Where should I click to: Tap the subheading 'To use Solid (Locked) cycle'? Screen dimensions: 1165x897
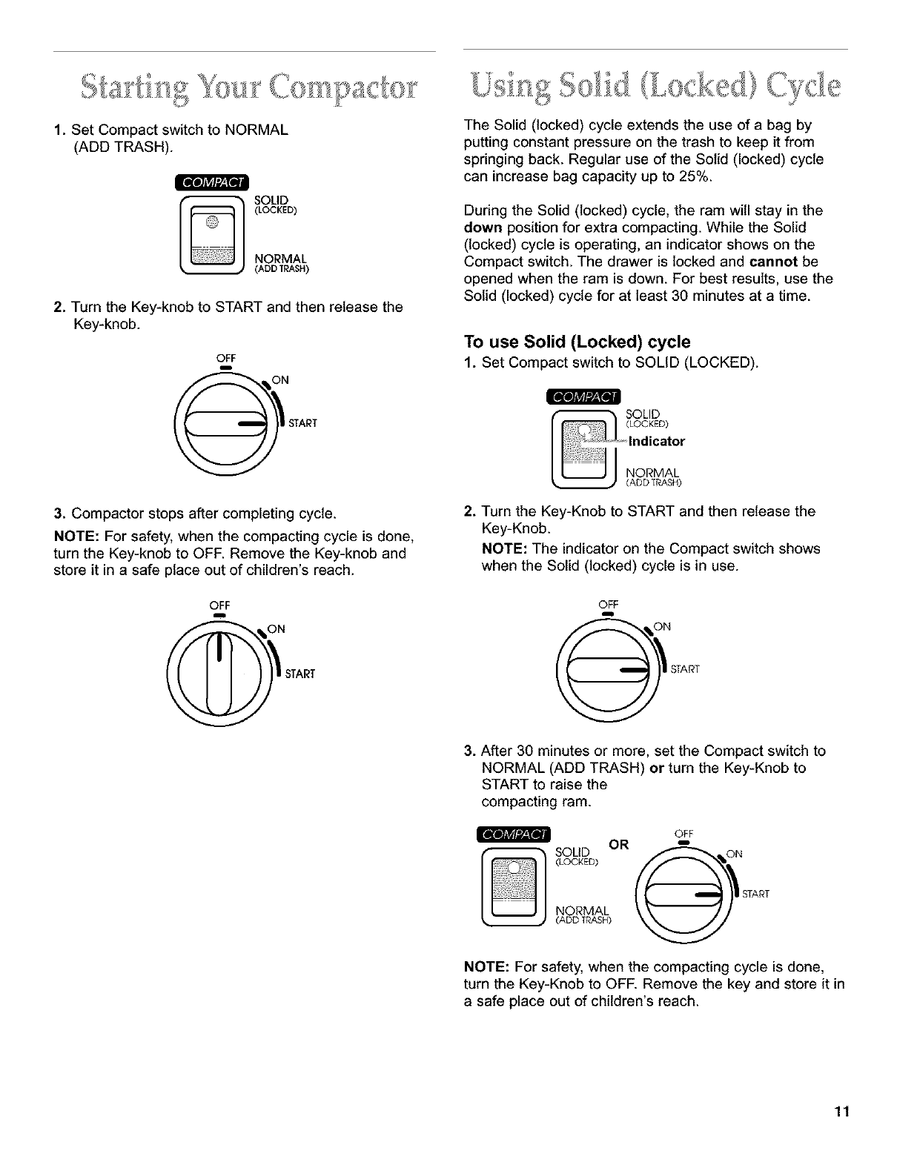pyautogui.click(x=577, y=342)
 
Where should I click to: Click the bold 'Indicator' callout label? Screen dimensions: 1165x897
pyautogui.click(x=657, y=442)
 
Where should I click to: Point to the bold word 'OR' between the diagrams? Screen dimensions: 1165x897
pyautogui.click(x=618, y=844)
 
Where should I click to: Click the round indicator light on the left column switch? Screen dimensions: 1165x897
pyautogui.click(x=212, y=222)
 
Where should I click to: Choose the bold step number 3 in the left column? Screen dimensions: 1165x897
pyautogui.click(x=58, y=512)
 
